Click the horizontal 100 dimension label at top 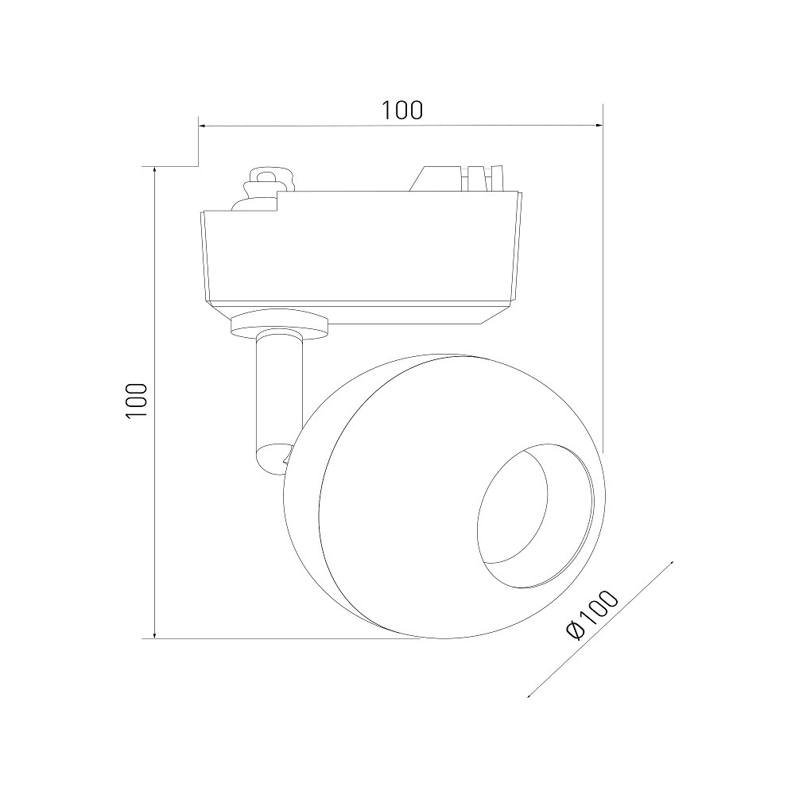[x=401, y=110]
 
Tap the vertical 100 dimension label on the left [x=137, y=400]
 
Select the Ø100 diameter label [x=591, y=615]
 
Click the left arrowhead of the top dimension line [x=202, y=125]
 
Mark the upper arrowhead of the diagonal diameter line [x=670, y=564]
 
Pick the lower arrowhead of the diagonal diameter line [x=531, y=695]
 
